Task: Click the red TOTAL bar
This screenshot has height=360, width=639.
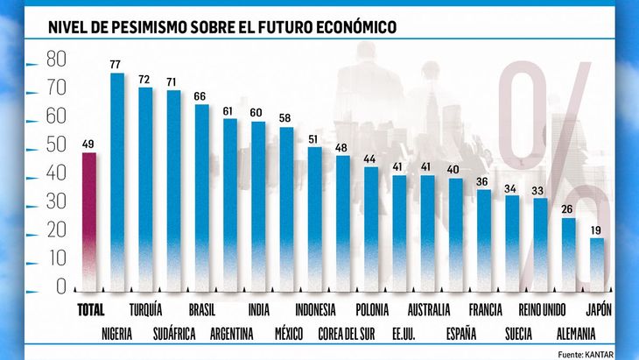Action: [x=88, y=219]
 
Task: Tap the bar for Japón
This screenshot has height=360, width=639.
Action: [x=596, y=263]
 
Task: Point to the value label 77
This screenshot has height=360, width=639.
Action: [x=116, y=64]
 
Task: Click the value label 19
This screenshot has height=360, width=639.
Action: [x=596, y=229]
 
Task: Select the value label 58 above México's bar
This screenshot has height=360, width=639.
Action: [x=286, y=118]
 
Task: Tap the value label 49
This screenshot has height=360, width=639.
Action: [x=88, y=145]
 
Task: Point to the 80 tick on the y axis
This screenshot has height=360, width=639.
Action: [x=56, y=60]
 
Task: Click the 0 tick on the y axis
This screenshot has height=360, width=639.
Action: [x=60, y=286]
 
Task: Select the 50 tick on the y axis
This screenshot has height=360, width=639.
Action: [x=56, y=145]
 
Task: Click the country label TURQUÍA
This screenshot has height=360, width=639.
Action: [x=144, y=310]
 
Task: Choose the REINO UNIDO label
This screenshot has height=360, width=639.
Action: [x=543, y=310]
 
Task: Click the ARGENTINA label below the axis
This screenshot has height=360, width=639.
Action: [x=231, y=333]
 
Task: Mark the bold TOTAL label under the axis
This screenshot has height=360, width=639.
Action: [x=90, y=310]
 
